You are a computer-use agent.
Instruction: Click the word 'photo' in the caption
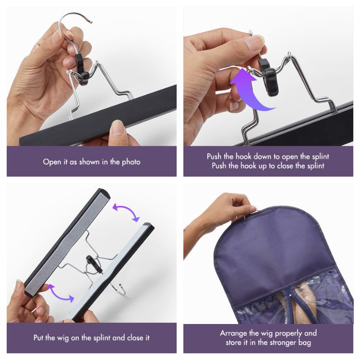[130, 162]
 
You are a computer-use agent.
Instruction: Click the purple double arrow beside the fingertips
[60, 292]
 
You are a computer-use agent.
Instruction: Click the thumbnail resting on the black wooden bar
[117, 128]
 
